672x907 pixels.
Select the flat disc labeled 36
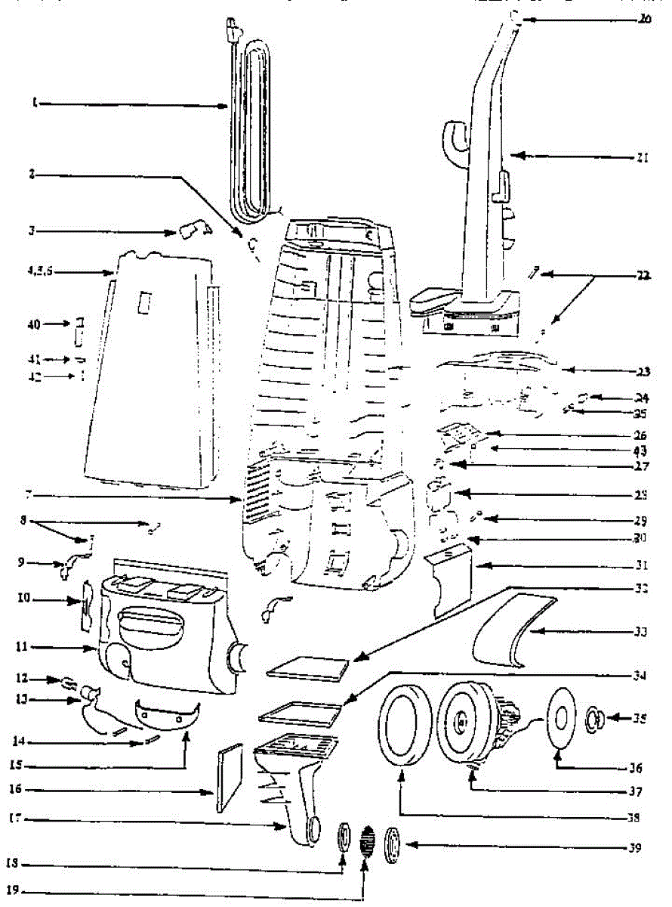(x=561, y=719)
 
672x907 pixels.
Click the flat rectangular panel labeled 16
(x=229, y=779)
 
